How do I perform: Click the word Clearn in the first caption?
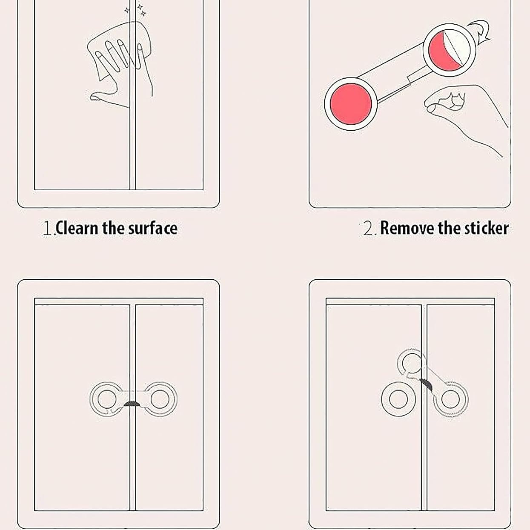pos(77,228)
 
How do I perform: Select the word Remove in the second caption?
pos(407,228)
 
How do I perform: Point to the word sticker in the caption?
pos(486,228)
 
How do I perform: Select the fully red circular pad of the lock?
pos(351,104)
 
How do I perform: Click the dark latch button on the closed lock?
pos(132,404)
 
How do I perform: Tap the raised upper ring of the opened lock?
pos(402,363)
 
